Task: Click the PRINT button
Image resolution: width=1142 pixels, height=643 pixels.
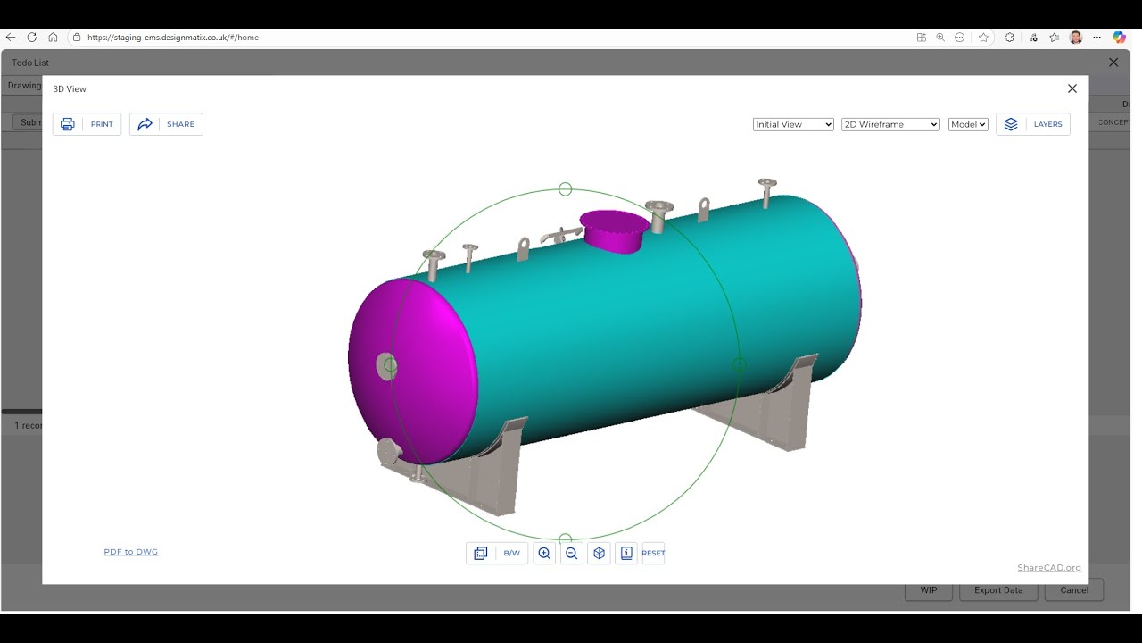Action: pyautogui.click(x=87, y=124)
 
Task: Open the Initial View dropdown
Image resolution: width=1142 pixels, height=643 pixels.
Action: pyautogui.click(x=792, y=124)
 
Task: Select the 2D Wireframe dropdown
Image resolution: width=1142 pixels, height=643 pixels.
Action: pyautogui.click(x=890, y=124)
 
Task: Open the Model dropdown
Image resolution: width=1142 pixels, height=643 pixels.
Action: pyautogui.click(x=968, y=124)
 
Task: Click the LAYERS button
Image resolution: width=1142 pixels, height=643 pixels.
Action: pyautogui.click(x=1033, y=124)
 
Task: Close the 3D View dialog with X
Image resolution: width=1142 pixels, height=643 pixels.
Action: pyautogui.click(x=1072, y=88)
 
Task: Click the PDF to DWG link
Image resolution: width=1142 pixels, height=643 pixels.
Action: pyautogui.click(x=130, y=552)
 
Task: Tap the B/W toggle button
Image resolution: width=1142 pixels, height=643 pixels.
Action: pyautogui.click(x=511, y=554)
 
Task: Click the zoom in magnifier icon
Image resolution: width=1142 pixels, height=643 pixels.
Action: pyautogui.click(x=544, y=554)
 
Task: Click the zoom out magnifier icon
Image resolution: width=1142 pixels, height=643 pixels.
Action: pyautogui.click(x=572, y=554)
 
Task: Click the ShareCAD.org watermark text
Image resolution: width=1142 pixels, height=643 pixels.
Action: pyautogui.click(x=1048, y=568)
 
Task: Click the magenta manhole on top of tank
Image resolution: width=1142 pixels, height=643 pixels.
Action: pyautogui.click(x=614, y=229)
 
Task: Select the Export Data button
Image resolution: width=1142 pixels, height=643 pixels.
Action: pyautogui.click(x=998, y=590)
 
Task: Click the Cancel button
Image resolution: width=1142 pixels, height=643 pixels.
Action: pyautogui.click(x=1074, y=590)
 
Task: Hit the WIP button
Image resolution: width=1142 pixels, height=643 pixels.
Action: pyautogui.click(x=929, y=590)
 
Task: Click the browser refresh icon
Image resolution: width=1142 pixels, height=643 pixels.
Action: pyautogui.click(x=32, y=38)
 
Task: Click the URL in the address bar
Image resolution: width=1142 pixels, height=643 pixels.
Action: pyautogui.click(x=173, y=38)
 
